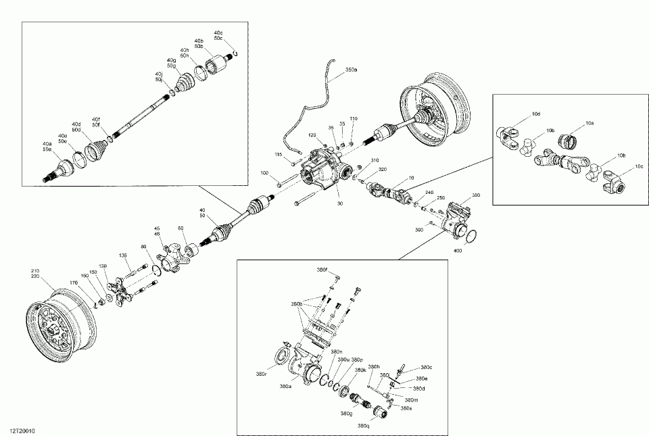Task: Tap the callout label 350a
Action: point(351,70)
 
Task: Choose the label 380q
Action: point(364,426)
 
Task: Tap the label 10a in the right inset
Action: point(590,124)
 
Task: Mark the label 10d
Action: point(536,114)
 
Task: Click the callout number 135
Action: point(123,255)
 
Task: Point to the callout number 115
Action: point(277,155)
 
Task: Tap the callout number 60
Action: point(181,228)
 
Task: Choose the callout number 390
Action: point(420,231)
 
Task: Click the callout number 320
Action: point(382,170)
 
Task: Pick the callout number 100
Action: point(265,174)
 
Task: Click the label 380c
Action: point(426,367)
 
